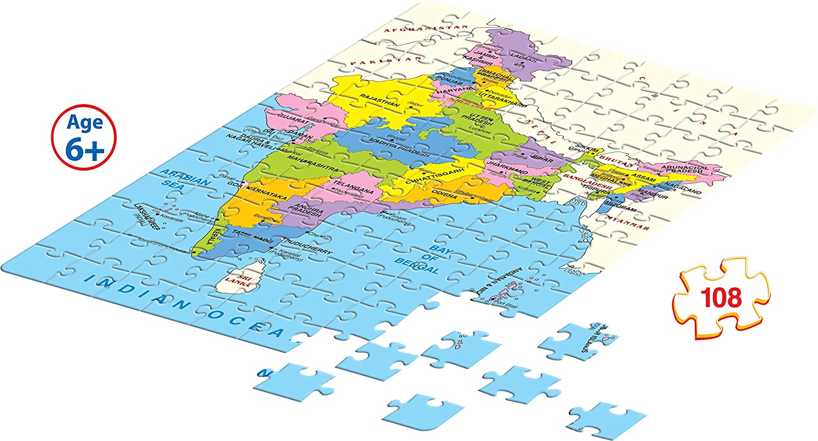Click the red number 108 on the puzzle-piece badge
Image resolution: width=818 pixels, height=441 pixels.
pyautogui.click(x=722, y=298)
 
